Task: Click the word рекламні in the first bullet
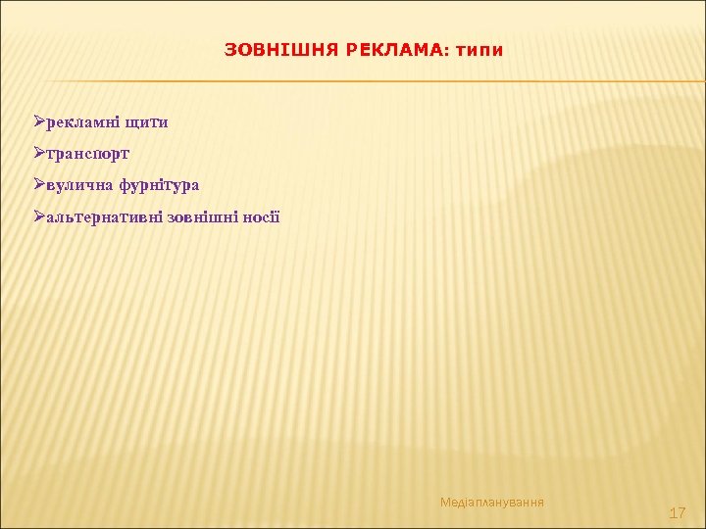[x=83, y=122]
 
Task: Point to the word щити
[x=146, y=122]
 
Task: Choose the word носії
[x=261, y=216]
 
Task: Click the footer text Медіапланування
[x=492, y=503]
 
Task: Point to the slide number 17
[x=677, y=512]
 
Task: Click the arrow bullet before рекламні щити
[x=39, y=121]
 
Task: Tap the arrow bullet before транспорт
[x=39, y=153]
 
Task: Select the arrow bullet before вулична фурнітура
[x=39, y=184]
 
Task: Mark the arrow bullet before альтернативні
[x=39, y=216]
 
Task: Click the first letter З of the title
[x=230, y=50]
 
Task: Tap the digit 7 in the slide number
[x=681, y=512]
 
